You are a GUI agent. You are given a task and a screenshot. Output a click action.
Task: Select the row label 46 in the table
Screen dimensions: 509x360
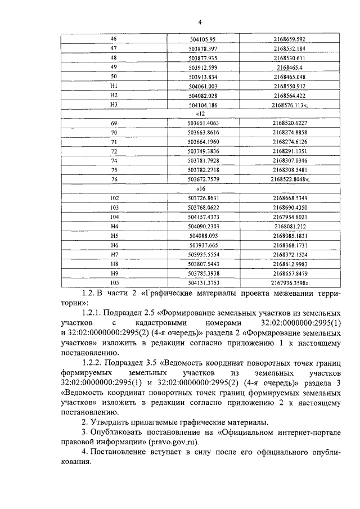pyautogui.click(x=114, y=38)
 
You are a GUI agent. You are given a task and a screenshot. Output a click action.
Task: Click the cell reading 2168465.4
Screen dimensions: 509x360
pyautogui.click(x=290, y=67)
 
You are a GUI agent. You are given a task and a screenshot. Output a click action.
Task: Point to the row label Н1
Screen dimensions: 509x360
pyautogui.click(x=114, y=85)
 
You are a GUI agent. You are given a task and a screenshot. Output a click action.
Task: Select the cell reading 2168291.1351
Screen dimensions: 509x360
pyautogui.click(x=290, y=151)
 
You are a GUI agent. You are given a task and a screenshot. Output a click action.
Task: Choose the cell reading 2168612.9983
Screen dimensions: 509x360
pyautogui.click(x=290, y=264)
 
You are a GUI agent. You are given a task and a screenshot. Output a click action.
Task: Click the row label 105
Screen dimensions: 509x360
pyautogui.click(x=114, y=282)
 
